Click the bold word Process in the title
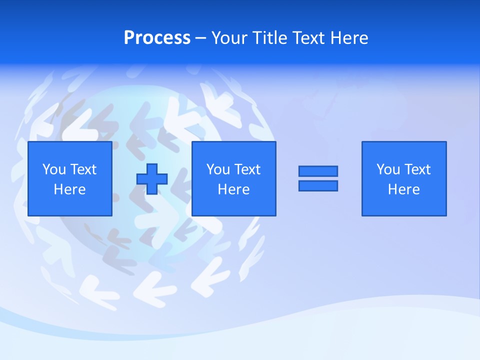click(157, 38)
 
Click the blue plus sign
click(152, 179)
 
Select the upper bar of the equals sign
click(318, 171)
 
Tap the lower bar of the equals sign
click(318, 185)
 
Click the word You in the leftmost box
click(54, 169)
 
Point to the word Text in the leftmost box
click(82, 169)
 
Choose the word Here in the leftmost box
click(70, 189)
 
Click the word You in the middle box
click(218, 169)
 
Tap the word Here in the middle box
click(234, 189)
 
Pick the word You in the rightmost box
click(388, 169)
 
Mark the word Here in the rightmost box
click(404, 189)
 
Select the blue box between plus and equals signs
click(234, 205)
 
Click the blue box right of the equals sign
click(404, 205)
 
